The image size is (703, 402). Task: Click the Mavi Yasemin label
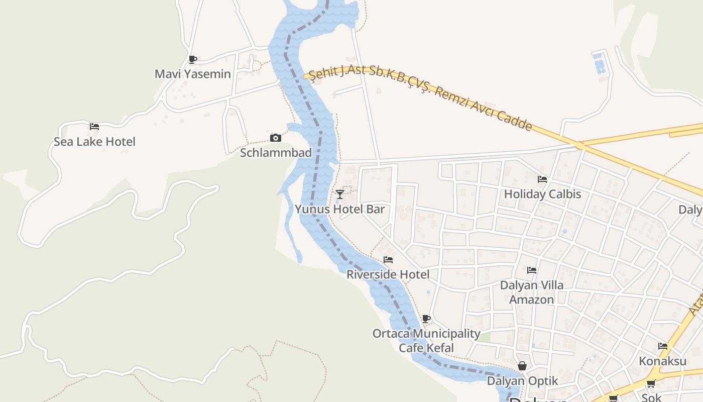coord(193,74)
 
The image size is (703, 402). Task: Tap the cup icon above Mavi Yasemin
coord(192,59)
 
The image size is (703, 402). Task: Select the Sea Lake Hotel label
coord(94,142)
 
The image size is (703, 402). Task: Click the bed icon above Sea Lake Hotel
coord(94,127)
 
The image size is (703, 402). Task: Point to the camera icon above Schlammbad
coord(275,138)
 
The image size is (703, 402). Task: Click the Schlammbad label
coord(276,153)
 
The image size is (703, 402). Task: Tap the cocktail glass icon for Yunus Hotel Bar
coord(340,194)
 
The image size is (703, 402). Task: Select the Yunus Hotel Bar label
coord(339,209)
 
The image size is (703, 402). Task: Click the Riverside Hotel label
coord(388,274)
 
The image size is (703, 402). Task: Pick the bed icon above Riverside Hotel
coord(388,260)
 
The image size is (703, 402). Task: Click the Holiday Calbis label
coord(542,194)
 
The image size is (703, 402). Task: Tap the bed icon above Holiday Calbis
coord(542,179)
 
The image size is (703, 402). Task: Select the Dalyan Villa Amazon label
coord(532,292)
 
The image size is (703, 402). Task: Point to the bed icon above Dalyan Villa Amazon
coord(532,270)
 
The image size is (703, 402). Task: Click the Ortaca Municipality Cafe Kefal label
coord(426,340)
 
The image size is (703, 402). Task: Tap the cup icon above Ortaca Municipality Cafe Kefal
coord(426,319)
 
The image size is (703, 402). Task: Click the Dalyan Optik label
coord(522,381)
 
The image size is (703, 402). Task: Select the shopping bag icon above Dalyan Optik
coord(522,366)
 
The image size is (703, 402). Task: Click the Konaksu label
coord(662,361)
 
